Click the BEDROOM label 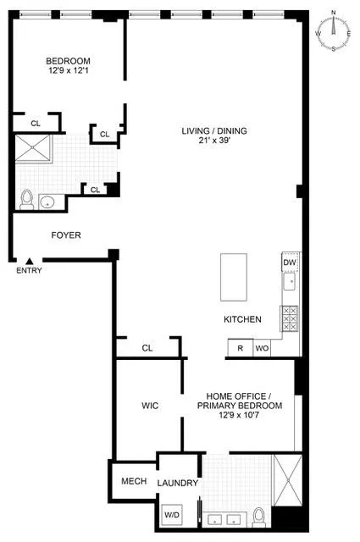[x=68, y=61]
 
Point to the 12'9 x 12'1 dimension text [x=68, y=71]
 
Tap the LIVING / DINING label [x=212, y=130]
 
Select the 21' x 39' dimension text [x=212, y=141]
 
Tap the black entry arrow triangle [x=30, y=262]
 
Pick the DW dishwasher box [x=290, y=263]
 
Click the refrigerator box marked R [x=240, y=348]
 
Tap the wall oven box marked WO [x=261, y=348]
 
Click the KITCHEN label [x=241, y=319]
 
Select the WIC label [x=150, y=406]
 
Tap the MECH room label [x=134, y=481]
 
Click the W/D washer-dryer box [x=172, y=514]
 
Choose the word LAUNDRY [x=178, y=483]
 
